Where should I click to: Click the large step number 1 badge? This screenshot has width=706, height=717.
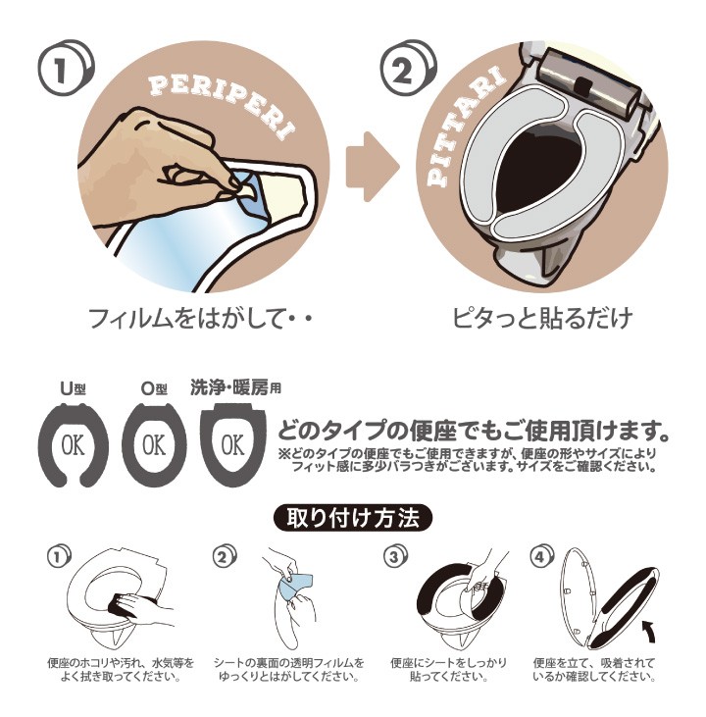[x=65, y=67]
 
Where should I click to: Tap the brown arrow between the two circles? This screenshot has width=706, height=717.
[x=372, y=167]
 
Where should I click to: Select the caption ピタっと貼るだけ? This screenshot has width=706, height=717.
[x=542, y=318]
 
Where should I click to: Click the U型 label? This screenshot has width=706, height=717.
[x=74, y=388]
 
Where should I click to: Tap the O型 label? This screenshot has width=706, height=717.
[x=154, y=388]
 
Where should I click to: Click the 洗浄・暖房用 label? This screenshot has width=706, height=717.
[x=235, y=387]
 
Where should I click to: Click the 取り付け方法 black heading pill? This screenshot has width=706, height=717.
[x=353, y=518]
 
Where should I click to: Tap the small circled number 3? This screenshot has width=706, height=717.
[x=395, y=556]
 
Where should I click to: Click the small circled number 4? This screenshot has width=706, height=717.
[x=541, y=556]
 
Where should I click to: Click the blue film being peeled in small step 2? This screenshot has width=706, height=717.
[x=296, y=586]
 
